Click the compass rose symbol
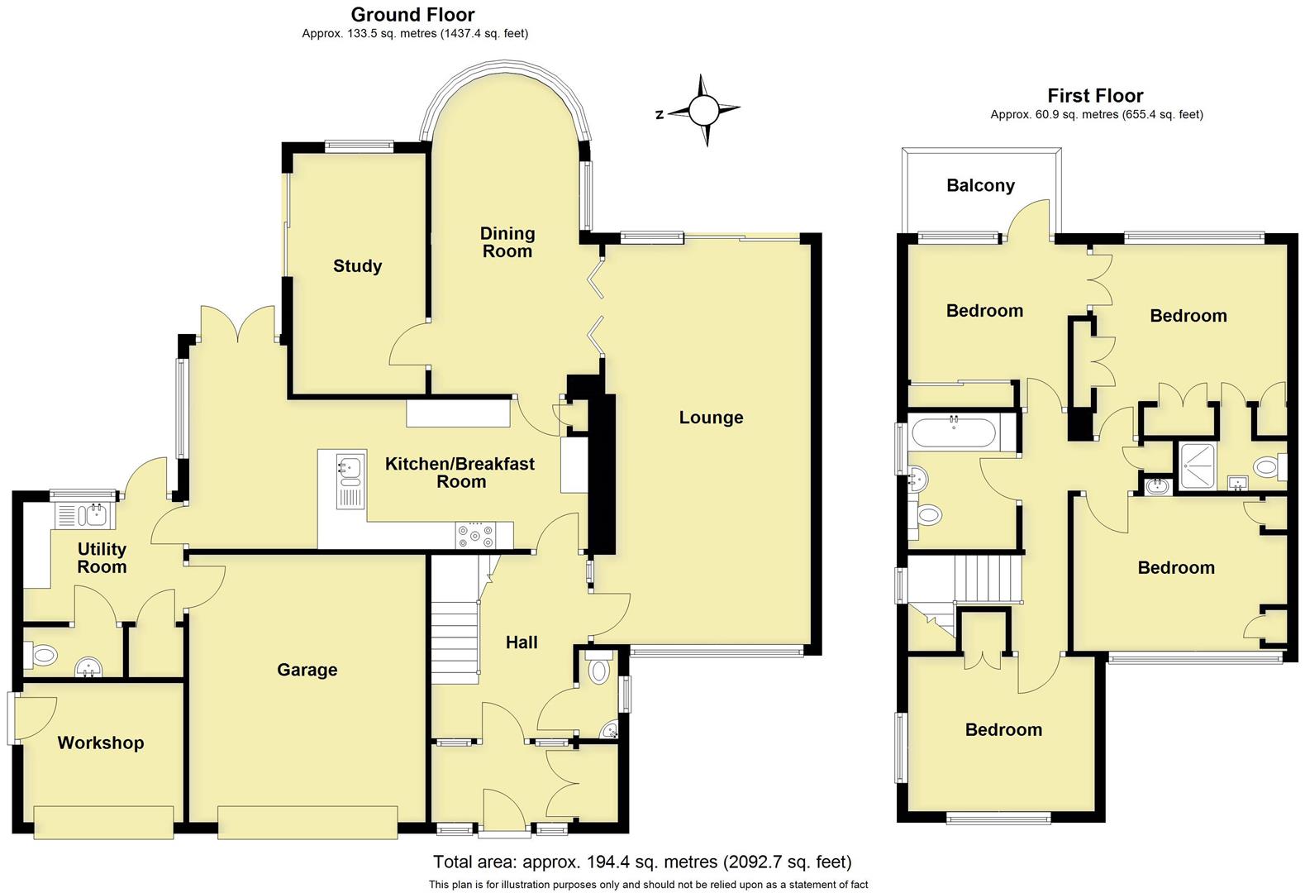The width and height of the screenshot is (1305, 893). [x=704, y=110]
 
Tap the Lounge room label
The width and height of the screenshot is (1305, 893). [x=711, y=418]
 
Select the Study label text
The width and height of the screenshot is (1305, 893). [x=357, y=265]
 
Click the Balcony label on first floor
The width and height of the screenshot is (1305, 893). [x=980, y=185]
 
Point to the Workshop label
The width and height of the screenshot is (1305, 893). [x=100, y=743]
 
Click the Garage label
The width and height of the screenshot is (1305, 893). [x=307, y=670]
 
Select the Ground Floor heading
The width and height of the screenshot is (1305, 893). [x=412, y=14]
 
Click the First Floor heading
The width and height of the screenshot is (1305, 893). [x=1095, y=95]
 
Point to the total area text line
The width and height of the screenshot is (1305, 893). [x=642, y=862]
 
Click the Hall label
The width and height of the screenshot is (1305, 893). [x=522, y=642]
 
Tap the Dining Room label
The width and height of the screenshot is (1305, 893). [x=507, y=242]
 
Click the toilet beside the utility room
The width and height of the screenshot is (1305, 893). [x=43, y=657]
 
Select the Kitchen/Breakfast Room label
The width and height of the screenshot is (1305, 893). [x=460, y=472]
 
